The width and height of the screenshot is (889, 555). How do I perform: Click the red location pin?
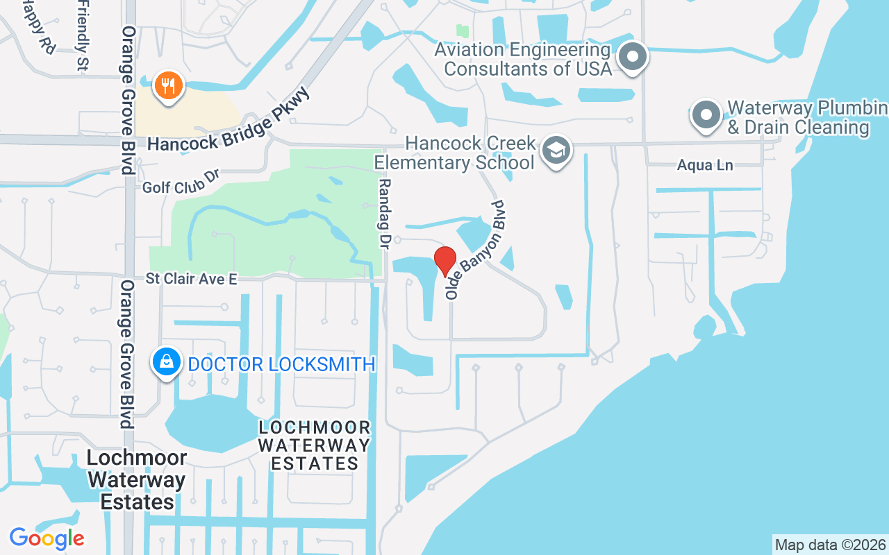click(444, 261)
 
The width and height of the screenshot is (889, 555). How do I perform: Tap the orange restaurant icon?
click(167, 86)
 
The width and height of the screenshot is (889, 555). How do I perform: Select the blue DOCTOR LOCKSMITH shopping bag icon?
click(167, 361)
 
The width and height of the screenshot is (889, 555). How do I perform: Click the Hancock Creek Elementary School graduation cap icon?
click(556, 150)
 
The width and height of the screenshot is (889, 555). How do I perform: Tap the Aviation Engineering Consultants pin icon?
click(633, 57)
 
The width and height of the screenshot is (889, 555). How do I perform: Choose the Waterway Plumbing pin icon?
click(706, 115)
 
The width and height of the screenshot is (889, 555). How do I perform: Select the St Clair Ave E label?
click(192, 279)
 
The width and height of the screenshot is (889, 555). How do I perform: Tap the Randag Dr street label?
click(384, 212)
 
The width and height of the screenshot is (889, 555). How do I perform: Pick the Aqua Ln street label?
click(705, 166)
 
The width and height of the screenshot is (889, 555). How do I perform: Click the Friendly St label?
click(81, 35)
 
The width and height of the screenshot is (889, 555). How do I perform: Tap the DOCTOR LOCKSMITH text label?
click(281, 364)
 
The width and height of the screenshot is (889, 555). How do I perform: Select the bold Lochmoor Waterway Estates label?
click(138, 479)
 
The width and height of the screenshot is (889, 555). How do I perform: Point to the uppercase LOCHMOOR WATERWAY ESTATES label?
click(315, 445)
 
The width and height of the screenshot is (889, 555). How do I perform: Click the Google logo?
click(47, 538)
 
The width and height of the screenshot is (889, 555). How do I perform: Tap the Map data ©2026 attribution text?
click(830, 545)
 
